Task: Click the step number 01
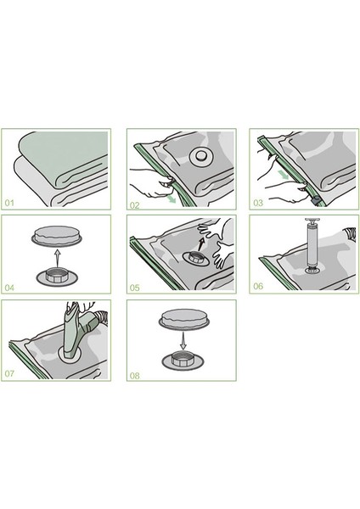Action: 9,204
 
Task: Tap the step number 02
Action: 135,205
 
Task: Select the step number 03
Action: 258,204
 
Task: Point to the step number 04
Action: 9,288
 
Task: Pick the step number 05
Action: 135,288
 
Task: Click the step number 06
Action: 258,286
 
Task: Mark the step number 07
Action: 9,373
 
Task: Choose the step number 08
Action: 135,376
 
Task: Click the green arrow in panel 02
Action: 171,199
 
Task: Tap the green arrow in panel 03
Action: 284,174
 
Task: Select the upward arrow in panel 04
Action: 57,258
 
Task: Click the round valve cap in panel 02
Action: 201,156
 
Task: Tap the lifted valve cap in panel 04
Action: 57,235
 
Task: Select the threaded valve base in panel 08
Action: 183,360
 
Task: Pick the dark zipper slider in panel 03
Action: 316,200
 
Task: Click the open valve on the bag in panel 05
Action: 195,259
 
